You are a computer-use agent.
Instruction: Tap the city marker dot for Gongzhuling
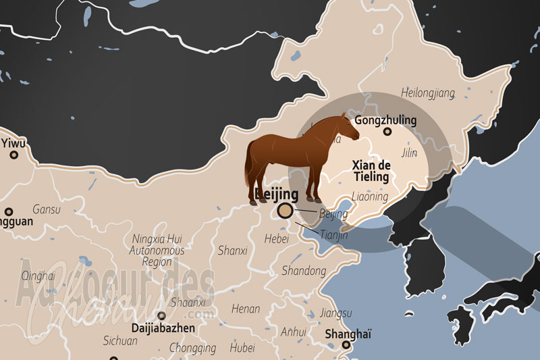pos(387,132)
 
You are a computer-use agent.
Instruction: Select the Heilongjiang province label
pos(428,93)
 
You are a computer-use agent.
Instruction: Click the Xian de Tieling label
pos(371,171)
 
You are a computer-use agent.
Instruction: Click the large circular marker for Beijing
pos(286,211)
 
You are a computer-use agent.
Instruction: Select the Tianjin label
pos(333,235)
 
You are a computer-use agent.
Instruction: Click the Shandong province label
pos(303,271)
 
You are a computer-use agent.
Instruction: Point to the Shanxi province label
pos(232,251)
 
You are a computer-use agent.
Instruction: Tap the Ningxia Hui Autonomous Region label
pos(157,249)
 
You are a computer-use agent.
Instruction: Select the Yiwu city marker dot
pos(13,155)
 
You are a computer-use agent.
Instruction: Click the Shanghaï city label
pos(348,334)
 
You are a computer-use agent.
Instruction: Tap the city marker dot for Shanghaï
pos(346,345)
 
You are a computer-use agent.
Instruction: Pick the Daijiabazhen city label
pos(163,328)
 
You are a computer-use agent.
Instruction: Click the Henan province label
pos(245,309)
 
